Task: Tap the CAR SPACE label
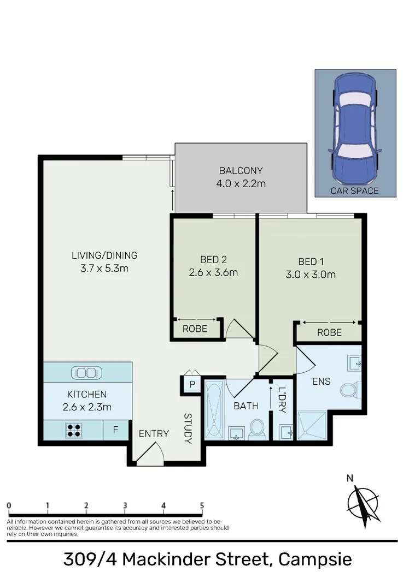coord(355,191)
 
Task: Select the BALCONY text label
coord(241,170)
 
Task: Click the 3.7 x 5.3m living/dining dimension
coord(104,268)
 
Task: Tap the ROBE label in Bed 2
coord(195,329)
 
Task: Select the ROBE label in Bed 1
coord(329,332)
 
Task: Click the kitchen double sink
coord(85,373)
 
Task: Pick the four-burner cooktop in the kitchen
coord(75,430)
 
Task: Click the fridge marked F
coord(116,430)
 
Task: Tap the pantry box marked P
coord(192,384)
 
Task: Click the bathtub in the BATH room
coord(213,409)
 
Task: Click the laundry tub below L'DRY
coord(284,432)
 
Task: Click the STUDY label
coord(188,428)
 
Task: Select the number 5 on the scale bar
coord(202,505)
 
